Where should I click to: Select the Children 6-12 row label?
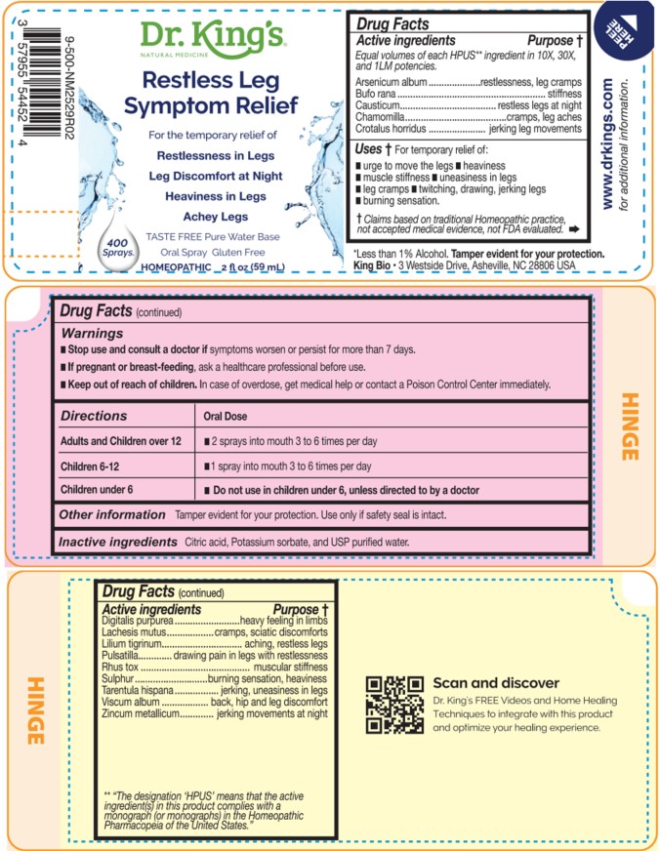point(95,466)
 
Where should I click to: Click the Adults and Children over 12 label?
point(121,441)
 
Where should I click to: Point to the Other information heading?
point(111,514)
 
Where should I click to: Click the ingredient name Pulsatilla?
point(123,656)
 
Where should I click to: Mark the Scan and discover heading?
point(496,683)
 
